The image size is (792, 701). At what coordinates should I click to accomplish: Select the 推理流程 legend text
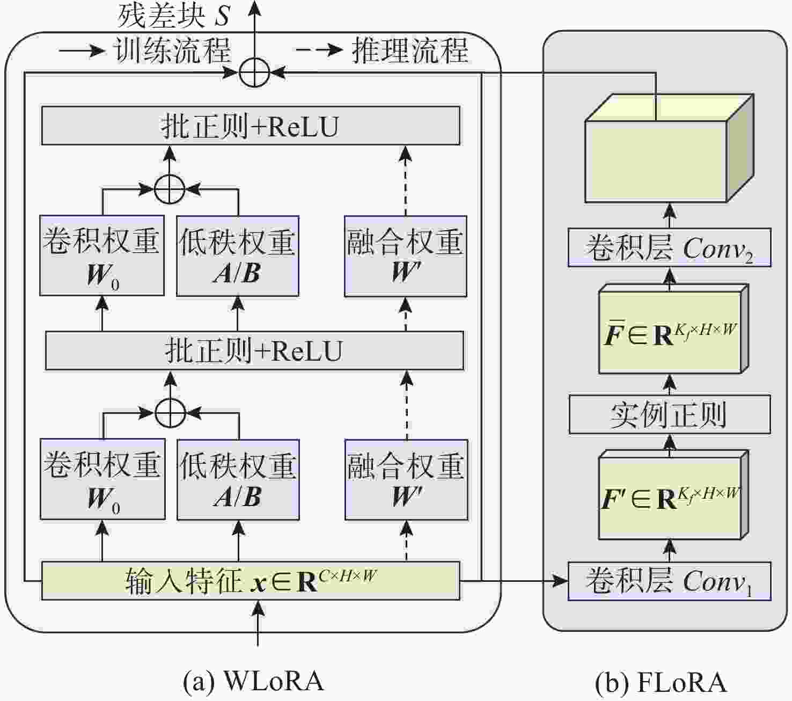(410, 50)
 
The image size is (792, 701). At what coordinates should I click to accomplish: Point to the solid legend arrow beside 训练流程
(82, 51)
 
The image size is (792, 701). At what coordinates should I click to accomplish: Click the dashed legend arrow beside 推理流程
(320, 50)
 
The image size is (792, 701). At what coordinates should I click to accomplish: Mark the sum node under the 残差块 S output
(254, 72)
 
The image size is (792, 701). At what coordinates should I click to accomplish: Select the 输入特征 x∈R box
(251, 581)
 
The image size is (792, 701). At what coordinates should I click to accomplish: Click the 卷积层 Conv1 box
(669, 581)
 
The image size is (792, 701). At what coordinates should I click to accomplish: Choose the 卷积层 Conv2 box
(669, 247)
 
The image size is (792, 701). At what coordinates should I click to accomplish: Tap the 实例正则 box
(669, 414)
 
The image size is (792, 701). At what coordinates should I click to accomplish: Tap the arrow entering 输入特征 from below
(258, 623)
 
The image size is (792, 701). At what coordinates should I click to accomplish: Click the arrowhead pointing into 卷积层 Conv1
(561, 581)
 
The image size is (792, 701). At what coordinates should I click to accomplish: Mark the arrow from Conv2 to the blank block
(669, 215)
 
